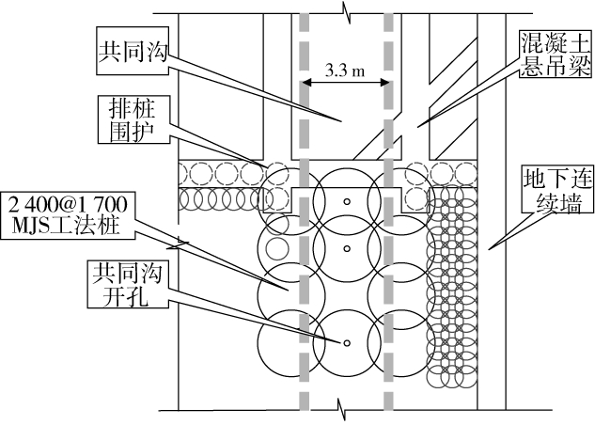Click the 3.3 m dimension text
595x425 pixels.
tap(345, 70)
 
